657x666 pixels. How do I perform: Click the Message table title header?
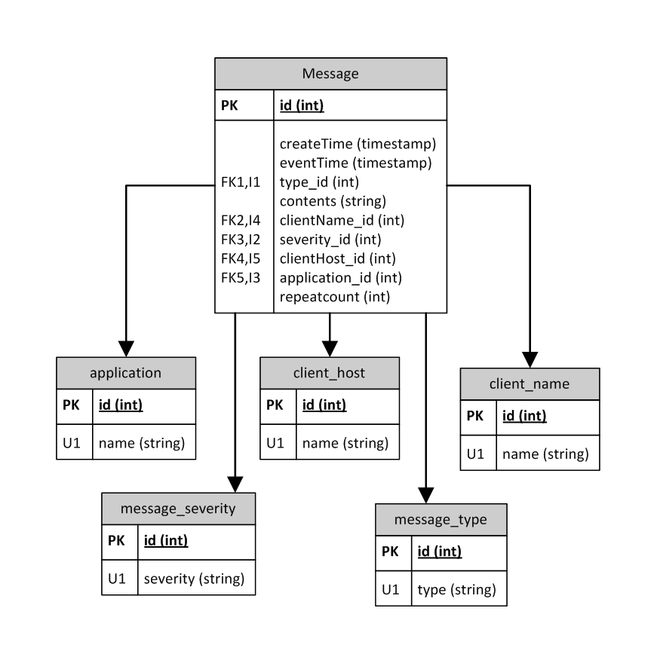[x=330, y=74]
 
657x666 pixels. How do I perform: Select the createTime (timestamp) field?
[x=358, y=143]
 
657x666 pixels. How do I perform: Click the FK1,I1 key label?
[x=240, y=182]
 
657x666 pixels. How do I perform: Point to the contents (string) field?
[x=333, y=201]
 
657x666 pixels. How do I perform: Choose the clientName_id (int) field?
[x=342, y=220]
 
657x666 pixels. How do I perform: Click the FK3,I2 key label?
[x=240, y=240]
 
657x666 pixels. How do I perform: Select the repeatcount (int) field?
[x=334, y=297]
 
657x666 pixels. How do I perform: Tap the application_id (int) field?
[x=340, y=277]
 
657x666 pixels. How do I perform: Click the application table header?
[x=125, y=372]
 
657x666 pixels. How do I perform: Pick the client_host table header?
[x=329, y=372]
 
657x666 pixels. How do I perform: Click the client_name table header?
[x=530, y=384]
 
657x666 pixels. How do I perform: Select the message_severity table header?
[x=178, y=509]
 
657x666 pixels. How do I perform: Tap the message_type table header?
[x=441, y=520]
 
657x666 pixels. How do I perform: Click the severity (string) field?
[x=194, y=579]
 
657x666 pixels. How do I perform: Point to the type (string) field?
[x=456, y=590]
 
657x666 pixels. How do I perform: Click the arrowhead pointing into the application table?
[x=126, y=348]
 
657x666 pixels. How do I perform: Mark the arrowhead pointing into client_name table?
[x=530, y=359]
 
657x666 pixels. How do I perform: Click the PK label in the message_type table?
[x=390, y=551]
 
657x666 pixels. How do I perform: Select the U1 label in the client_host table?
[x=275, y=443]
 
